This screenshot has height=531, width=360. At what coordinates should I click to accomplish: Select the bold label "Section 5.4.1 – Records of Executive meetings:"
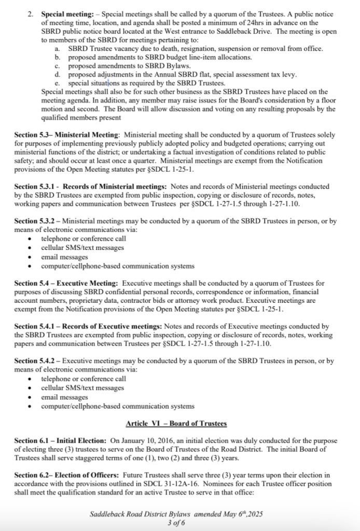tap(88, 326)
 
